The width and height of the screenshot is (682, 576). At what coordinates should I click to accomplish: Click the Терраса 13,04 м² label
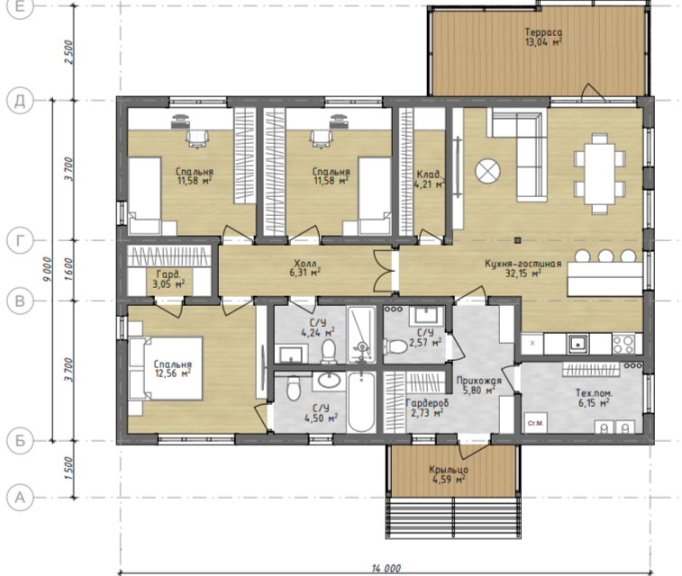click(543, 37)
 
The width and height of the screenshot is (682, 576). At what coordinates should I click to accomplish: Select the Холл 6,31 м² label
click(305, 268)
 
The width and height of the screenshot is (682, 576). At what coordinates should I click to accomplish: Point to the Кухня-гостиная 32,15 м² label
click(523, 268)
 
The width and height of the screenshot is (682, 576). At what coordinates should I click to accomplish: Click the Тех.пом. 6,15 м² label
click(594, 398)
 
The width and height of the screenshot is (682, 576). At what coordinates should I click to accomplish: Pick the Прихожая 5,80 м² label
click(478, 385)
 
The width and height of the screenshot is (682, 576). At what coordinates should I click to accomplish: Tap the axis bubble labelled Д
click(20, 101)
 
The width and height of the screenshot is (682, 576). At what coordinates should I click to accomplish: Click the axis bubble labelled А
click(20, 498)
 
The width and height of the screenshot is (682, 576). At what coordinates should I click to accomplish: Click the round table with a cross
click(487, 171)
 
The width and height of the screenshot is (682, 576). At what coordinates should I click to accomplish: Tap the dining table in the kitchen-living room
click(599, 174)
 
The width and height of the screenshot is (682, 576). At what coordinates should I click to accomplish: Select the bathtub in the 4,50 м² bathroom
click(361, 401)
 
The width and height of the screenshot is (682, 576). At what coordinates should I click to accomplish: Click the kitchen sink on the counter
click(577, 344)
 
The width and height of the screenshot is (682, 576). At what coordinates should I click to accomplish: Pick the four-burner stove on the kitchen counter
click(623, 344)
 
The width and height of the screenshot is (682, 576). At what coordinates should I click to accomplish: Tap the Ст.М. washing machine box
click(535, 423)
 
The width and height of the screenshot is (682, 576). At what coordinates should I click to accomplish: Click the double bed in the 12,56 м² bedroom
click(166, 368)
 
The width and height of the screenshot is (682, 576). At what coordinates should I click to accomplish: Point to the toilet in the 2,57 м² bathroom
click(396, 346)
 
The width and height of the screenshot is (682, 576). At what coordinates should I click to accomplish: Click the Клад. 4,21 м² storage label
click(431, 179)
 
